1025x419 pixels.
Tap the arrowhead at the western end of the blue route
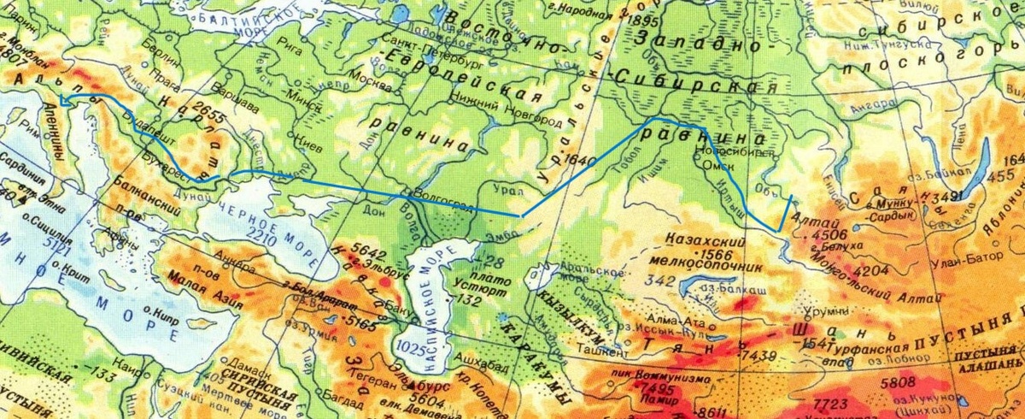pos(61,100)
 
